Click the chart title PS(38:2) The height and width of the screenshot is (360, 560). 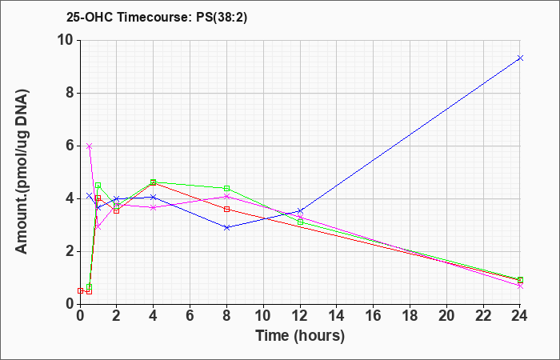222,18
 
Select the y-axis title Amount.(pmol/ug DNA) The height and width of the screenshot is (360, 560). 22,171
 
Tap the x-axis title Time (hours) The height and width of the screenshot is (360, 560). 300,336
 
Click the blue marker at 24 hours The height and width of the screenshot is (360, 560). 520,58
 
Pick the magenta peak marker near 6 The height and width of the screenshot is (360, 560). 90,146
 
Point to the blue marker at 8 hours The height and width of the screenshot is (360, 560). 226,227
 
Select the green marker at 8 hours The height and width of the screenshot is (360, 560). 226,189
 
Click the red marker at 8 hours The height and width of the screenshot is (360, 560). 226,210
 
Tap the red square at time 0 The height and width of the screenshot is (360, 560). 80,290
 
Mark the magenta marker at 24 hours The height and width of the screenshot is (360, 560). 520,286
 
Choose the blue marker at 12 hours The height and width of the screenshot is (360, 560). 300,211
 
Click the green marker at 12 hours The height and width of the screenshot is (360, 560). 300,222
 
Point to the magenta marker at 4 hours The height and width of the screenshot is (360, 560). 154,207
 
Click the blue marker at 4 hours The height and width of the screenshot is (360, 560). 154,197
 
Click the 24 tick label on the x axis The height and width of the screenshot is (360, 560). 520,315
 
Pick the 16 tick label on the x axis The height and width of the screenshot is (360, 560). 374,315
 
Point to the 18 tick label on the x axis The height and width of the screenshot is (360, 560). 410,315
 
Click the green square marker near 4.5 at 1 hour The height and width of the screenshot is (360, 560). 98,186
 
